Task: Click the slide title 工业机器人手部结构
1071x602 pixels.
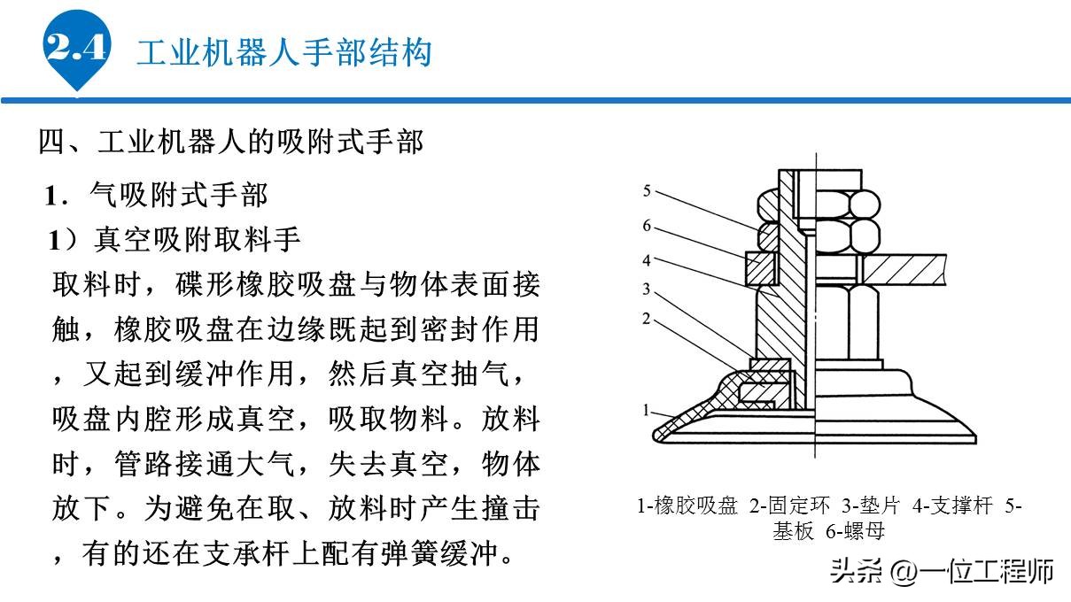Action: click(283, 51)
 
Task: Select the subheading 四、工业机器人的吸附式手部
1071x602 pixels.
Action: click(231, 142)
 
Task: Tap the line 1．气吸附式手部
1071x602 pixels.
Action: click(157, 193)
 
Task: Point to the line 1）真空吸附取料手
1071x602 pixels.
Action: click(176, 240)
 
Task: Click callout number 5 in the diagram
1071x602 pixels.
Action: click(647, 190)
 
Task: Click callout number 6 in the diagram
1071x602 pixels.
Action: click(647, 226)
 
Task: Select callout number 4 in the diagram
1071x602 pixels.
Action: click(647, 260)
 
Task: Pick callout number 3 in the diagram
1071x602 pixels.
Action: click(647, 289)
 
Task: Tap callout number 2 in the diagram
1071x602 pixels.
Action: click(647, 318)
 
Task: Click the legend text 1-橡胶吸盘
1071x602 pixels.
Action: click(687, 506)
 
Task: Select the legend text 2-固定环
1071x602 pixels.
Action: click(789, 506)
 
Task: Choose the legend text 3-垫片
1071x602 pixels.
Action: click(871, 506)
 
